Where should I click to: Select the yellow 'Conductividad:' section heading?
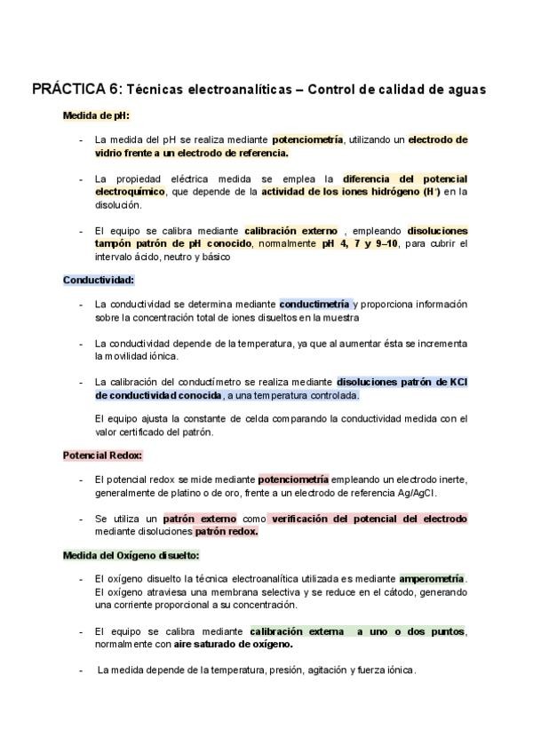pyautogui.click(x=98, y=280)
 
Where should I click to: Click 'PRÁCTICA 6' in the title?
pyautogui.click(x=76, y=90)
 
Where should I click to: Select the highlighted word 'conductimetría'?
pyautogui.click(x=314, y=304)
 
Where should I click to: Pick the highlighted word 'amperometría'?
pyautogui.click(x=432, y=579)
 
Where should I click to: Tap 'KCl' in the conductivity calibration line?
pyautogui.click(x=458, y=382)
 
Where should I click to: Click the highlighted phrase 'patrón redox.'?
pyautogui.click(x=227, y=532)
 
